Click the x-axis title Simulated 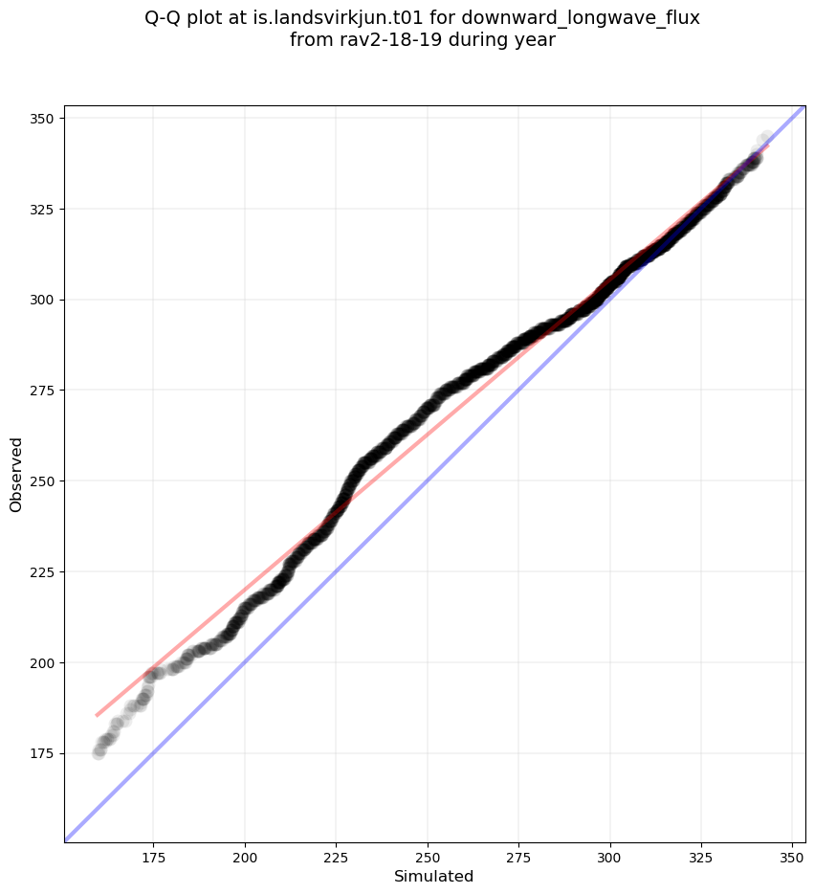pyautogui.click(x=434, y=876)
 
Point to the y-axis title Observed pyautogui.click(x=16, y=474)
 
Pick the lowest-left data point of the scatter pyautogui.click(x=99, y=752)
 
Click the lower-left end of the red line pyautogui.click(x=97, y=715)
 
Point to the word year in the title pyautogui.click(x=536, y=40)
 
